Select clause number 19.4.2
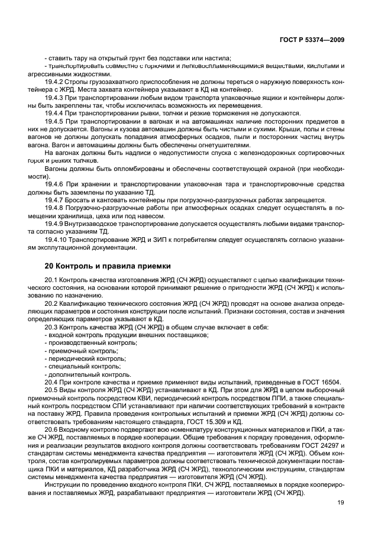coord(54,82)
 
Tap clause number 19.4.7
coord(54,200)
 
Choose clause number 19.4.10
coord(56,239)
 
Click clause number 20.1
coord(51,279)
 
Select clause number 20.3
coord(51,327)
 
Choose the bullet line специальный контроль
coord(84,366)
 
